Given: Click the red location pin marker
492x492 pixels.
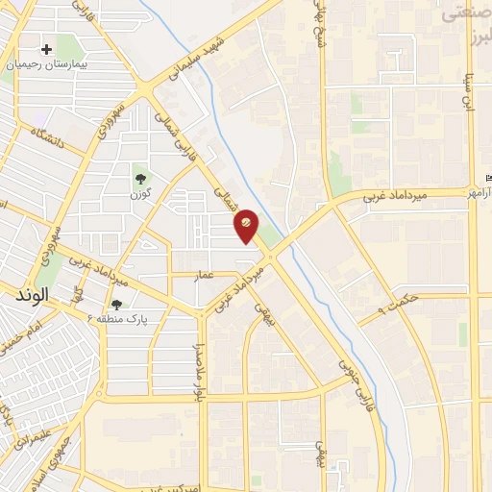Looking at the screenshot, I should (x=247, y=226).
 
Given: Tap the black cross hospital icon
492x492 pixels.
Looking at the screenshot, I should (x=45, y=49).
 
